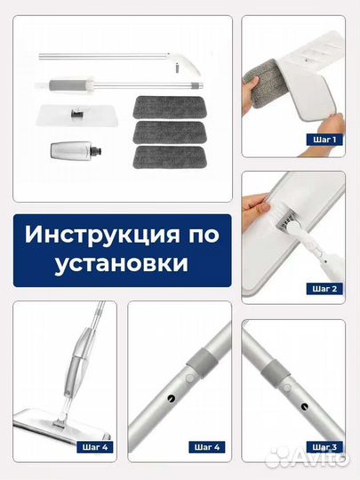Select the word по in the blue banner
coord(189,238)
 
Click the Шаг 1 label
coord(323,140)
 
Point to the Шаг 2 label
coord(323,288)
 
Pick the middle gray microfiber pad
coord(169,130)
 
